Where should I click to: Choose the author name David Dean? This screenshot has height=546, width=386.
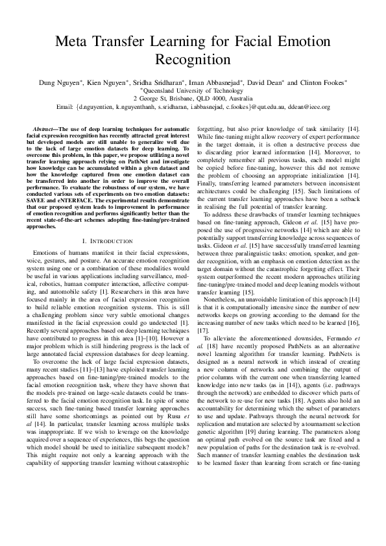coord(266,83)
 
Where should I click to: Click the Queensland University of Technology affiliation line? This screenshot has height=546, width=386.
coord(193,91)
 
